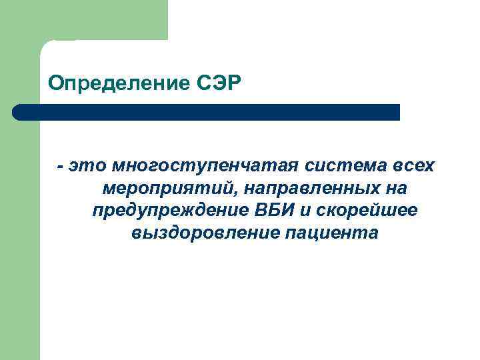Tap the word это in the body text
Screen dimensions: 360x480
[x=89, y=165]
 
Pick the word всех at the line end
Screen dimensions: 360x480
[x=412, y=165]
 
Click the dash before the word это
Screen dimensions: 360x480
[x=61, y=165]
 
